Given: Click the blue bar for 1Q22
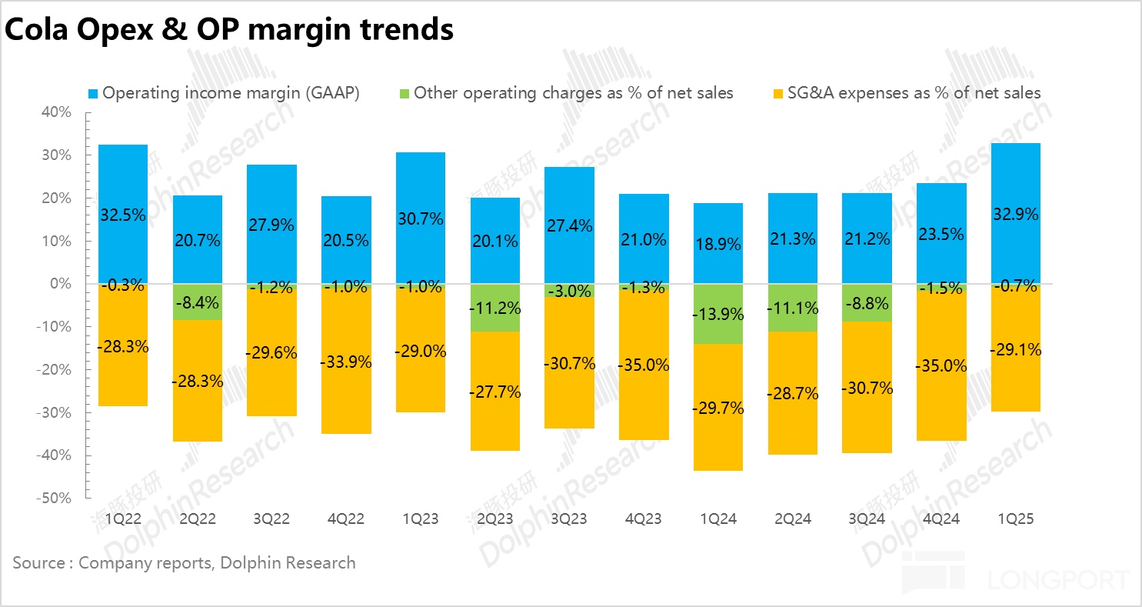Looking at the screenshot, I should click(123, 185).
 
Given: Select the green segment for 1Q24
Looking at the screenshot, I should click(718, 314).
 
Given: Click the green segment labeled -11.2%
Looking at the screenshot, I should click(495, 308).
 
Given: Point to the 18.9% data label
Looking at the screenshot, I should click(718, 245).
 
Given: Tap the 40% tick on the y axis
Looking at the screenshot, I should click(56, 112).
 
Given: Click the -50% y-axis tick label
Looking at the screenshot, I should click(55, 498).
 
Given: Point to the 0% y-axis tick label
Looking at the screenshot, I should click(60, 284).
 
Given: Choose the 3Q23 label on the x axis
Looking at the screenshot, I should click(569, 519).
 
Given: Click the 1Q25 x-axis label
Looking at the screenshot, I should click(1016, 519).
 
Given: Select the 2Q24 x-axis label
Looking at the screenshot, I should click(792, 519).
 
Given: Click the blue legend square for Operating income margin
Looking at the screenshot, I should click(93, 94).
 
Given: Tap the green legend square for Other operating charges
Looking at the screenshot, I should click(405, 94).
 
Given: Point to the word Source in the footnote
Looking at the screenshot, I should click(38, 563).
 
